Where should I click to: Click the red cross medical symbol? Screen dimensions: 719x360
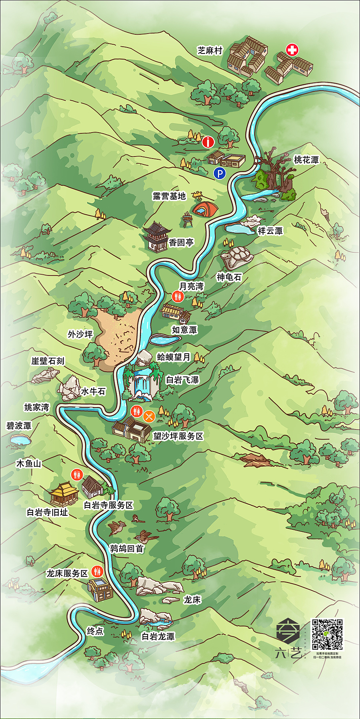(x=292, y=50)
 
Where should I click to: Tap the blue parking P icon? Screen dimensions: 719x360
(x=220, y=174)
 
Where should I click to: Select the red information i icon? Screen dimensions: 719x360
(x=208, y=142)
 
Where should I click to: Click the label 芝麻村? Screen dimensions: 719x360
(x=210, y=51)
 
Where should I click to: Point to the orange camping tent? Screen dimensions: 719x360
(x=206, y=208)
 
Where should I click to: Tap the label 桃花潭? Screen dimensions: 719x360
(x=307, y=160)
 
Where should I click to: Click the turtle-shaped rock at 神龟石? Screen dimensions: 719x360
(x=237, y=257)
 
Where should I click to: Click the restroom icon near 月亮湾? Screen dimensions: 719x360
(x=178, y=296)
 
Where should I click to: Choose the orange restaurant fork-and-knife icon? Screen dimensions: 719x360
(x=149, y=416)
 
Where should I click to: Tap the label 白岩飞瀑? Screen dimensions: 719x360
(x=182, y=380)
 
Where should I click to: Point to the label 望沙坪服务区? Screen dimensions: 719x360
(x=178, y=436)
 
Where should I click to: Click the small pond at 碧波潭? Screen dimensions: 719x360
(x=20, y=440)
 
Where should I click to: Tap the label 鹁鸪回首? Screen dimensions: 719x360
(x=127, y=549)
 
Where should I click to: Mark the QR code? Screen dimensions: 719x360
(x=327, y=634)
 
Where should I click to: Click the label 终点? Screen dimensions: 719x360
(x=95, y=631)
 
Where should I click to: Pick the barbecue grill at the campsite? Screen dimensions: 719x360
(x=187, y=220)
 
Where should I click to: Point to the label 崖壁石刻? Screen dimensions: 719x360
(x=48, y=361)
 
